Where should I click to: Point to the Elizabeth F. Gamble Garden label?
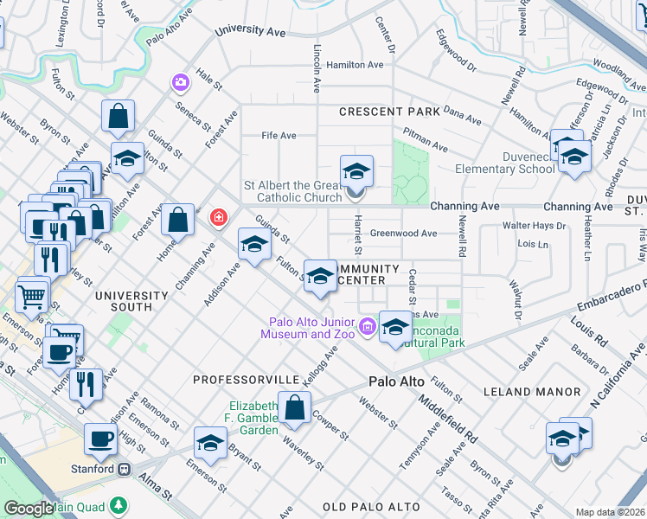tap(254, 418)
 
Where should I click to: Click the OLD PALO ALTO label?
tap(371, 506)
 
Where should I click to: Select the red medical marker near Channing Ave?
tap(219, 215)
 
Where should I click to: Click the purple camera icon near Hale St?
tap(181, 82)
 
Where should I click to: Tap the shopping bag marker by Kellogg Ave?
tap(295, 408)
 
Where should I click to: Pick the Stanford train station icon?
tap(124, 470)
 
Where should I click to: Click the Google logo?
tap(29, 509)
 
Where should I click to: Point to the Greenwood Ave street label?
tap(403, 234)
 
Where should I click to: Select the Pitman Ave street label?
tap(425, 148)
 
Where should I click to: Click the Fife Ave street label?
tap(279, 136)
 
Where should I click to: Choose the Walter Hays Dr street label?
tap(535, 227)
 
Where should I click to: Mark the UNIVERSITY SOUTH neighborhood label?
tap(130, 301)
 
